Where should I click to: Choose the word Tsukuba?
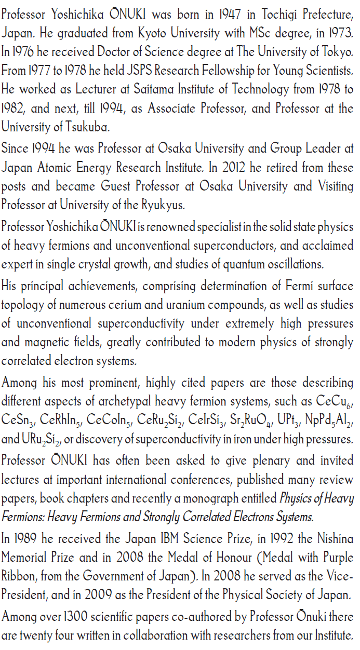coord(91,126)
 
